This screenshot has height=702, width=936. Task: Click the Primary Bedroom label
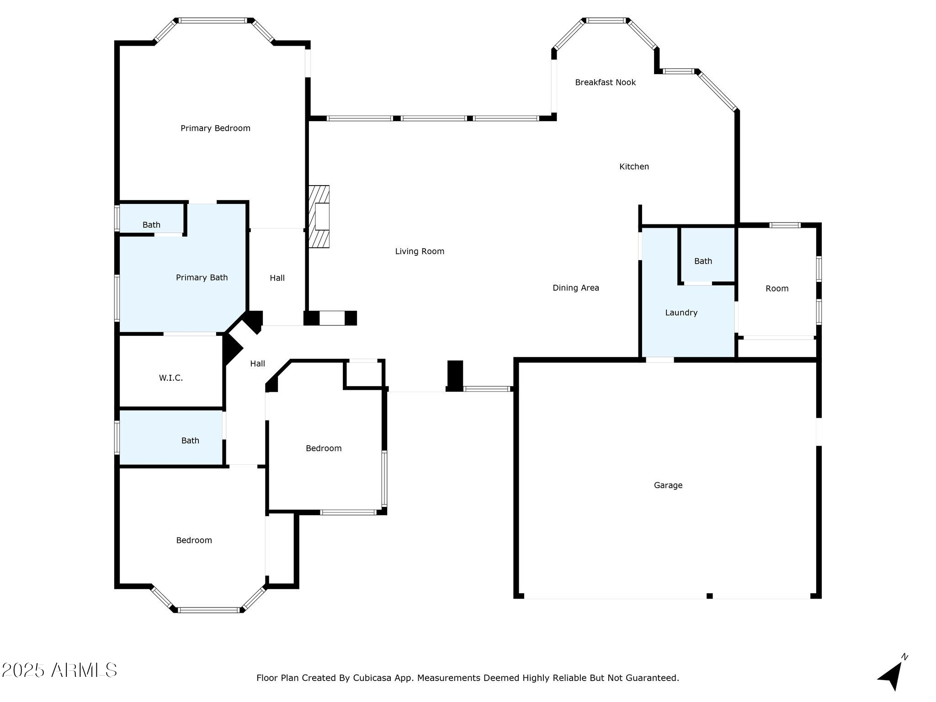(x=215, y=128)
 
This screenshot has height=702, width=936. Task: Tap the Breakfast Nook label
(x=605, y=82)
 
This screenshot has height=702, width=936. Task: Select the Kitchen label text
(x=634, y=167)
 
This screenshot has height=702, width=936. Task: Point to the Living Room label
(x=420, y=251)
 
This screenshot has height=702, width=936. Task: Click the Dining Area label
(x=575, y=288)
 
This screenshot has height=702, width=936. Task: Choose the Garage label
(x=668, y=485)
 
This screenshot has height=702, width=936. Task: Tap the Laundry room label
(x=681, y=313)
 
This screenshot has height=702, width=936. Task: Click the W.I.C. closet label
(x=170, y=378)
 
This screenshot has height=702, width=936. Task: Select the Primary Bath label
(x=202, y=277)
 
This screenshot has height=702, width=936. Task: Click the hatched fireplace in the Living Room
(x=319, y=217)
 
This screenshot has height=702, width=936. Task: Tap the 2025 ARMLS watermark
(x=59, y=670)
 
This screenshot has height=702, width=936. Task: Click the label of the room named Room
(x=777, y=288)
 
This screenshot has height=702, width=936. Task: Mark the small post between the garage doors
(x=709, y=596)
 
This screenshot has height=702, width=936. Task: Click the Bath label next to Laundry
(x=703, y=261)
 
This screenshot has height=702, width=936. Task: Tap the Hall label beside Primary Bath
(x=277, y=278)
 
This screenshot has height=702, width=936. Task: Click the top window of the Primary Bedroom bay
(x=213, y=21)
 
